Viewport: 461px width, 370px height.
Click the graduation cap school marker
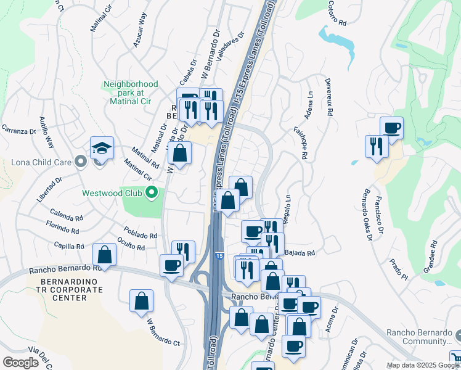click(102, 148)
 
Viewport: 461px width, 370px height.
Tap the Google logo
click(21, 363)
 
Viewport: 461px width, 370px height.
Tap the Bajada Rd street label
click(300, 253)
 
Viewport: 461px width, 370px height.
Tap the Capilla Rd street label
click(70, 246)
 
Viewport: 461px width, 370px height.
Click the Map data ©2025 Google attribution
click(423, 365)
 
